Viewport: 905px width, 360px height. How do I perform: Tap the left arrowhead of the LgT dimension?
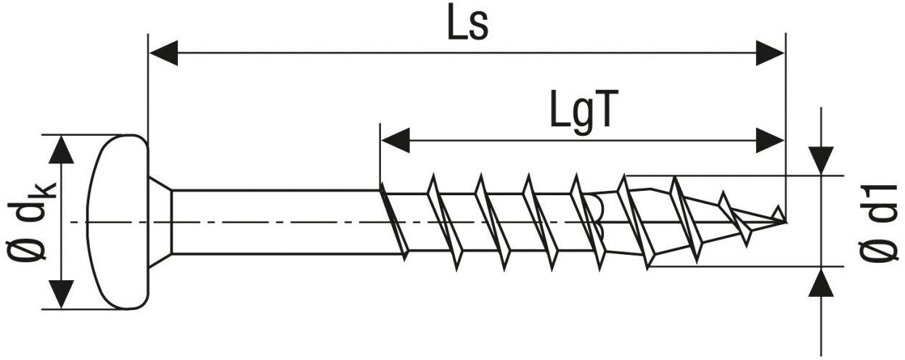point(395,140)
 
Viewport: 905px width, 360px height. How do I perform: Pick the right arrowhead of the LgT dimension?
point(770,140)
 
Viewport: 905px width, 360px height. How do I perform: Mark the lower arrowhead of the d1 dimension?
point(821,282)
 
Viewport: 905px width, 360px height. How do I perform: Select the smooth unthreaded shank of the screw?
point(276,221)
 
